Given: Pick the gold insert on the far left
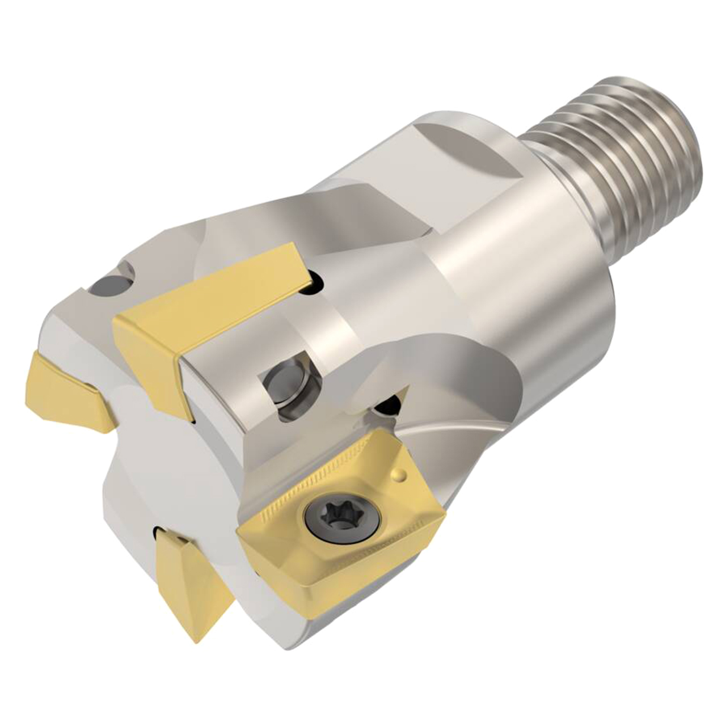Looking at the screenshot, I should [x=68, y=391].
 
